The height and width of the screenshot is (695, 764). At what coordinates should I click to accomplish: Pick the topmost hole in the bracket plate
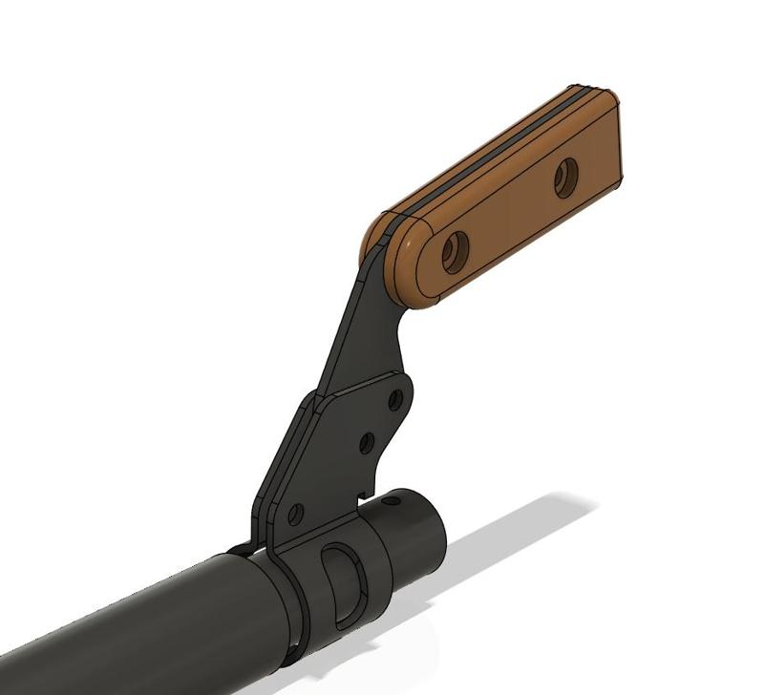(394, 400)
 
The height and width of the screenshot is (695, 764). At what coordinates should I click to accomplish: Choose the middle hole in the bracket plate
(366, 443)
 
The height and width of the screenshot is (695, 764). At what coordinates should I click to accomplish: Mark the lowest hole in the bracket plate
(296, 514)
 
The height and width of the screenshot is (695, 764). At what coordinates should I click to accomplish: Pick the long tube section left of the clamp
(143, 630)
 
